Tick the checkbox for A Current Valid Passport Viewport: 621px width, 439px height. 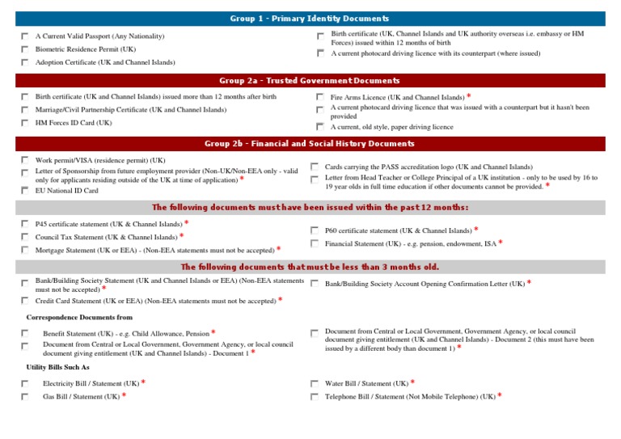click(25, 36)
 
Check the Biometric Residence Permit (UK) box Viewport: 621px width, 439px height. click(25, 49)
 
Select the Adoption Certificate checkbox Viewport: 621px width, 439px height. click(25, 62)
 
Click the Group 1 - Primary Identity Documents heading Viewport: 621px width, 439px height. click(310, 19)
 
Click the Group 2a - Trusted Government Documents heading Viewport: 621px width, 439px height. click(310, 81)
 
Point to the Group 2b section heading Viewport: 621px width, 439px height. click(310, 144)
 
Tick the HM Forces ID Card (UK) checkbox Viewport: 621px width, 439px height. click(25, 123)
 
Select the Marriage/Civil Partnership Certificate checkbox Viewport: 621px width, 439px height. click(25, 110)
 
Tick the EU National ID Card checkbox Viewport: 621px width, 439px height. click(25, 191)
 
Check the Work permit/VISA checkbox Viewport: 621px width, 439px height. click(25, 160)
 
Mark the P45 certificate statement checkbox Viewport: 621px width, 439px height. click(25, 224)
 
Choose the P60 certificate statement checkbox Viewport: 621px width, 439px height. click(315, 230)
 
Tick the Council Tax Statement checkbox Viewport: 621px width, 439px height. click(25, 237)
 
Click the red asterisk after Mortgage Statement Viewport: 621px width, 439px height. click(279, 249)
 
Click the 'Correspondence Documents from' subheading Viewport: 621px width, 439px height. click(79, 318)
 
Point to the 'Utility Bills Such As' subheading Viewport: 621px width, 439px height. click(57, 367)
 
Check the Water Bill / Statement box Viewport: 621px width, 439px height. click(315, 383)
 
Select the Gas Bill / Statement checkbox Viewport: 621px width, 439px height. click(25, 397)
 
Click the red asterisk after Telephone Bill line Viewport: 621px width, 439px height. click(500, 395)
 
